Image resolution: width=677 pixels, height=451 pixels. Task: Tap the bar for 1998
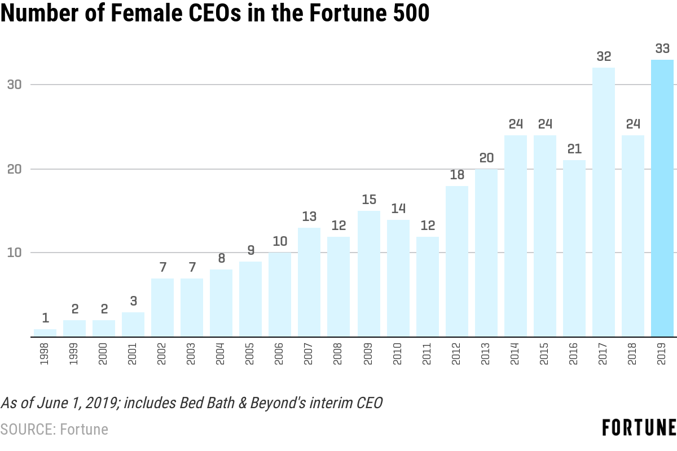tap(45, 333)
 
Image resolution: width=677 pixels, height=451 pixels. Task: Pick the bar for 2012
tap(457, 261)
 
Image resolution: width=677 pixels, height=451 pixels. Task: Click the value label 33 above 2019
tap(662, 48)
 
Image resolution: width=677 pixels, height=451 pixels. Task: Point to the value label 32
tap(604, 56)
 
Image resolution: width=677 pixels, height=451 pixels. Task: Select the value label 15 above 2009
tap(369, 200)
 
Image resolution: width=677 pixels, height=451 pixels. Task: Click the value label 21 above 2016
tap(574, 149)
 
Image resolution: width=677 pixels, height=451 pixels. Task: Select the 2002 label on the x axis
tap(162, 353)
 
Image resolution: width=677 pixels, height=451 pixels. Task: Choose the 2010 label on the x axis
tap(398, 353)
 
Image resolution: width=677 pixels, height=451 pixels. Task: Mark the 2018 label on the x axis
tap(633, 353)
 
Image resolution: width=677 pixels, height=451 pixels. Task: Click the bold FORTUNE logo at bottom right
tap(639, 428)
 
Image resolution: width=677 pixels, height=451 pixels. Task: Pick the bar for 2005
tap(250, 299)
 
